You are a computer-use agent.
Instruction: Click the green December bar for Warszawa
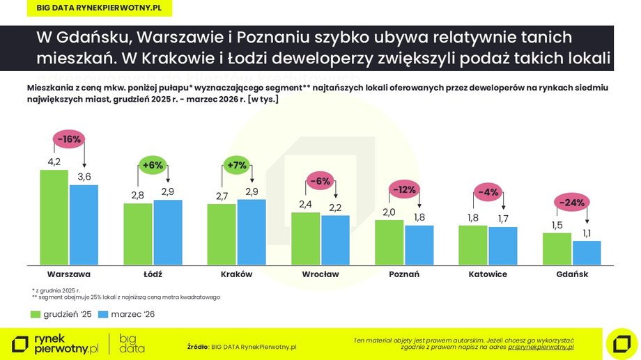(54, 217)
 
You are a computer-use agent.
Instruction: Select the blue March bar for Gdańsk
(587, 253)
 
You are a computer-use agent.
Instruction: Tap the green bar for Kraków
(222, 234)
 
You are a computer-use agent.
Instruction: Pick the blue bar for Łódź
(168, 232)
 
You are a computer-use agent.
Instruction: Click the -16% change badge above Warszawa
(69, 139)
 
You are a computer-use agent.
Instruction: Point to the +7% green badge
(237, 166)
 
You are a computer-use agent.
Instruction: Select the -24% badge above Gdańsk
(571, 203)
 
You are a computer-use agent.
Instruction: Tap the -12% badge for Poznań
(404, 189)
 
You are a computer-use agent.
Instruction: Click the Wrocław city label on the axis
(320, 274)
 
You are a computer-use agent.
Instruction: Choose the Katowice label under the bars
(488, 274)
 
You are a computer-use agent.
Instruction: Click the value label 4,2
(54, 162)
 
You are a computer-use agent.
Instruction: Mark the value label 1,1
(587, 233)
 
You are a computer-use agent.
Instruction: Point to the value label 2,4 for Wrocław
(305, 205)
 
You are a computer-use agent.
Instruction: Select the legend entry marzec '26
(127, 315)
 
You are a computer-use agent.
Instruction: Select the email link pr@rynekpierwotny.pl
(540, 346)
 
